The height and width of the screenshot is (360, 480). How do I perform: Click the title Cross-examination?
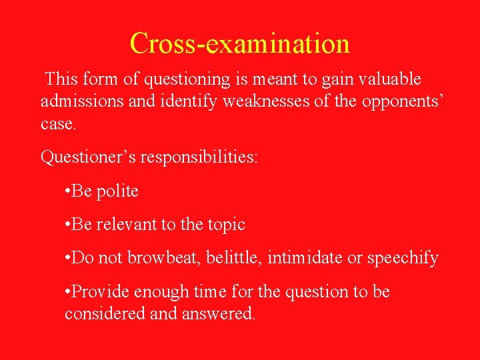239,43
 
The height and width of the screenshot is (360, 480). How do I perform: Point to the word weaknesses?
255,102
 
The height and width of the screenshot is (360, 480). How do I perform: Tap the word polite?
117,191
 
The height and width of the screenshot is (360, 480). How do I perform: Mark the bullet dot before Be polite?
67,192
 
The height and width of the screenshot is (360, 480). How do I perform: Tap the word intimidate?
305,258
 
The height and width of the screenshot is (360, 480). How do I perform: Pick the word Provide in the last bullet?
100,292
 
